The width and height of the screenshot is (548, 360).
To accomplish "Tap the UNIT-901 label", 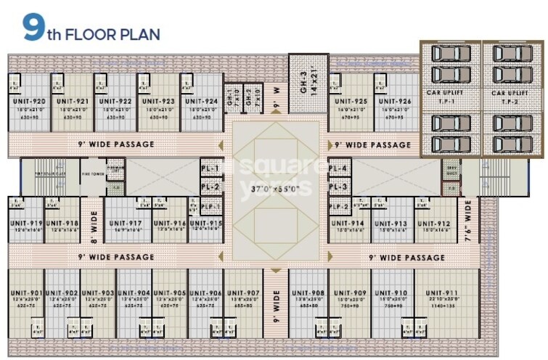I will pos(27,293).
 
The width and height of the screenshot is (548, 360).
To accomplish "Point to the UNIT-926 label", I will pos(395,102).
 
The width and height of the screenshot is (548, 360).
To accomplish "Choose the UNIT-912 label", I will pos(434,223).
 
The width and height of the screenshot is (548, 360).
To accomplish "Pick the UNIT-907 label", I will pos(242,293).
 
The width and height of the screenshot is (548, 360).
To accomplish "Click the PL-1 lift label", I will pos(210,168).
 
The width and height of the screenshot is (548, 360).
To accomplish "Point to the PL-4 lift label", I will pos(338,168).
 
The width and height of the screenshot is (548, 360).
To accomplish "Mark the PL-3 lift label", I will pos(338,187).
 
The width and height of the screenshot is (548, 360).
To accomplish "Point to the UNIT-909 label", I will pos(351,293).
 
